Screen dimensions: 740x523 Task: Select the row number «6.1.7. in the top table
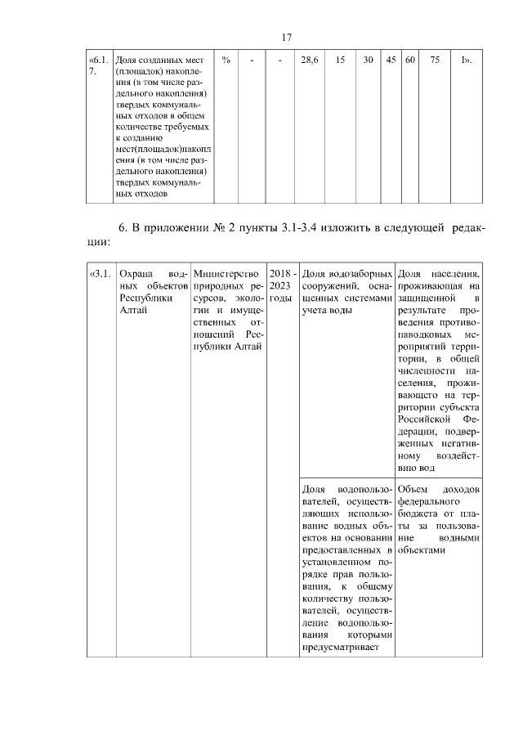(x=97, y=65)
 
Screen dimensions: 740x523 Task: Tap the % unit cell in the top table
(x=225, y=61)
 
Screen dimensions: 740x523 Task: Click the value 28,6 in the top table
(x=310, y=61)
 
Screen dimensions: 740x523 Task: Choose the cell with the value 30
(x=369, y=61)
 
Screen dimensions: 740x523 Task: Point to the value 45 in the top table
(x=391, y=61)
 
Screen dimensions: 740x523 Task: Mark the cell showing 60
(x=409, y=61)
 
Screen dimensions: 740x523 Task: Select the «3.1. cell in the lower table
(x=99, y=273)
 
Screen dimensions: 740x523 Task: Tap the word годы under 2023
(x=280, y=287)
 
